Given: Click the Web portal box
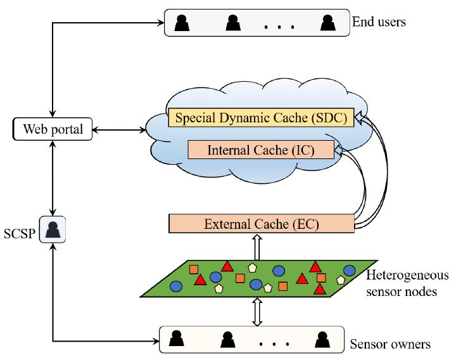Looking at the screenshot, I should coord(53,130).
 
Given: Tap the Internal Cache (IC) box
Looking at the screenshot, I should coord(261,150).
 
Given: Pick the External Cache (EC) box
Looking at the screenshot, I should coord(261,224).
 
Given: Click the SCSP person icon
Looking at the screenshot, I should coord(53,229).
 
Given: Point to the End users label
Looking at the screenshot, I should coord(379,23).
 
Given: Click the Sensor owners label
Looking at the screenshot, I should coord(390,345).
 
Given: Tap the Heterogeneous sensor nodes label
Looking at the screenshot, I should coord(407,282).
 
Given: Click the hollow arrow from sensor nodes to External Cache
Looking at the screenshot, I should coord(257,246).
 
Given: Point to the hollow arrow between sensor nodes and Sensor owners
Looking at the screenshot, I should coord(257,312).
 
